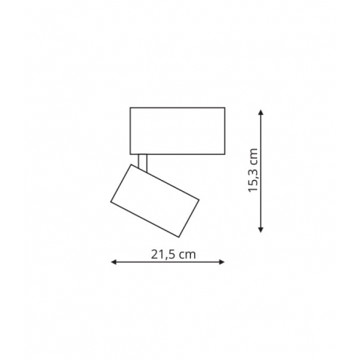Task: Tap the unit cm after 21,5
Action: pyautogui.click(x=187, y=255)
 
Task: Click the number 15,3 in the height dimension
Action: pyautogui.click(x=253, y=180)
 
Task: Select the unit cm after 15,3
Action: pyautogui.click(x=254, y=156)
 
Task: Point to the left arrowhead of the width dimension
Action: pyautogui.click(x=114, y=262)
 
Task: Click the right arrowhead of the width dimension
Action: pyautogui.click(x=222, y=262)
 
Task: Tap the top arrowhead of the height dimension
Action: pyautogui.click(x=260, y=112)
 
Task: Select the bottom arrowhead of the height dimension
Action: pyautogui.click(x=260, y=230)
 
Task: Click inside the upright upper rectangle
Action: pyautogui.click(x=178, y=130)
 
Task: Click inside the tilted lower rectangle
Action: pyautogui.click(x=155, y=200)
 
